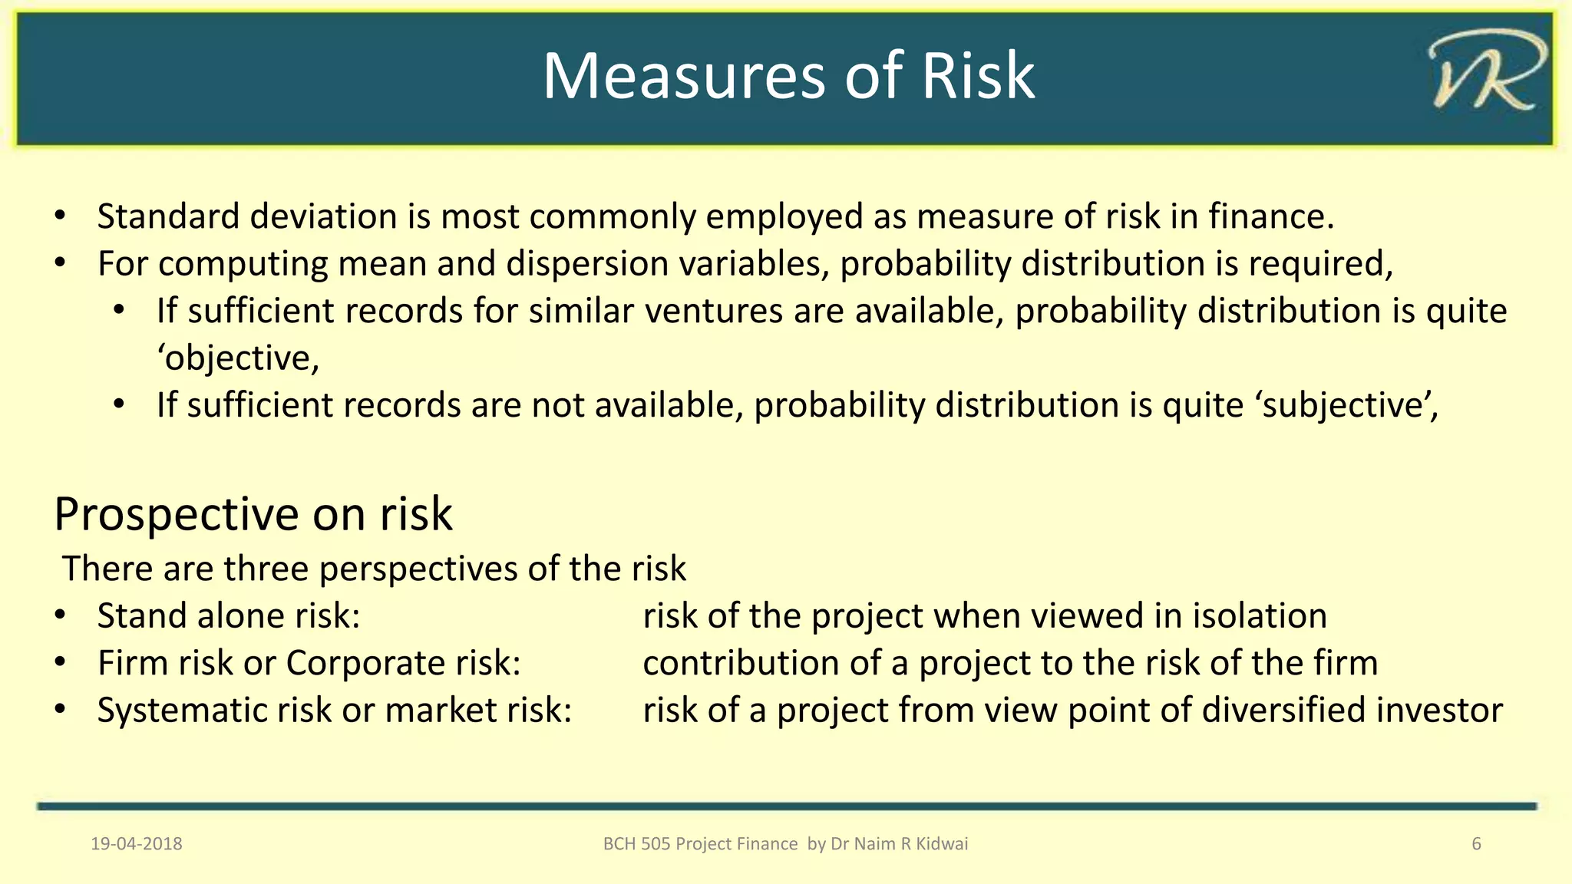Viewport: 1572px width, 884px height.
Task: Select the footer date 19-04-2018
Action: [137, 844]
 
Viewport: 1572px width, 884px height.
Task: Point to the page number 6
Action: [1476, 844]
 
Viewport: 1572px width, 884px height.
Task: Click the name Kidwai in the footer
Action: [942, 844]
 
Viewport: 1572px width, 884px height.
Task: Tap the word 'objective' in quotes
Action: [238, 358]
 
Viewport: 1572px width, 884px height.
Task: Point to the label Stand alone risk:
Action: [229, 616]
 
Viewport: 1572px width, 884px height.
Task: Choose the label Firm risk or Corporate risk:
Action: [309, 663]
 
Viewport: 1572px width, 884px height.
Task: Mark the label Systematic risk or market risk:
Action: [335, 711]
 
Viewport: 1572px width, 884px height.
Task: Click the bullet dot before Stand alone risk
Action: [61, 616]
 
